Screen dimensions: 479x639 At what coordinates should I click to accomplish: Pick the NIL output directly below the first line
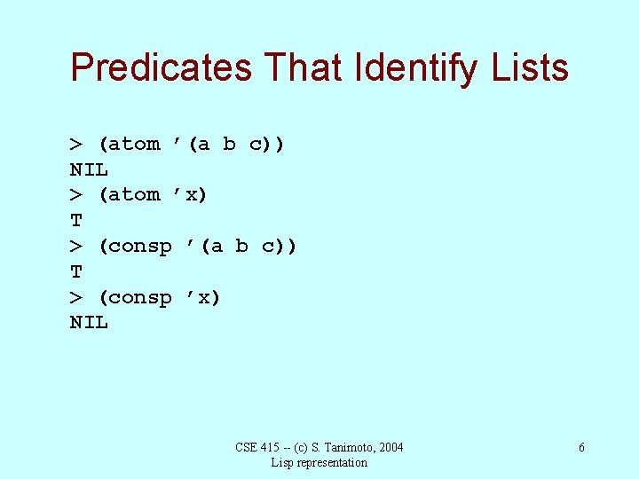coord(89,169)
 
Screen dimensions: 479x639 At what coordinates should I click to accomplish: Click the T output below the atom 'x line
coord(76,220)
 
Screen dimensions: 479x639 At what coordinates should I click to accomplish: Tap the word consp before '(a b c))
coord(141,246)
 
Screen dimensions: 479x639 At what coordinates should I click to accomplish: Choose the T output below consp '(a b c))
coord(76,271)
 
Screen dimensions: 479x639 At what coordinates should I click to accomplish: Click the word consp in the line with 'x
coord(141,297)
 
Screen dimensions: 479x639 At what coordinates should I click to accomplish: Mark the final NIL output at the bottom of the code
coord(89,323)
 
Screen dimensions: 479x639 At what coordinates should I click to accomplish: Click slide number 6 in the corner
coord(581,448)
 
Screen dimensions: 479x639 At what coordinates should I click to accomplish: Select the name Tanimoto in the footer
coord(343,447)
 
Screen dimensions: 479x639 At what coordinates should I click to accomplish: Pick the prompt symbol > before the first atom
coord(76,144)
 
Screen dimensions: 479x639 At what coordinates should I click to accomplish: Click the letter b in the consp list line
coord(241,246)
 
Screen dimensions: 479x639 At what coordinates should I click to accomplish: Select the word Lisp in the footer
coord(282,462)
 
